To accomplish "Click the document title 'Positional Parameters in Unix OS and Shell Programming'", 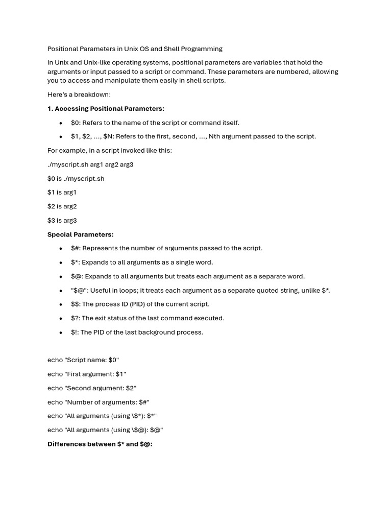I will tap(135, 49).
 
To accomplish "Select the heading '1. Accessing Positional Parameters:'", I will tap(106, 109).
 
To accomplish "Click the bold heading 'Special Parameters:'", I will tap(80, 234).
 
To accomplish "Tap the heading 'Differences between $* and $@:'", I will tap(100, 444).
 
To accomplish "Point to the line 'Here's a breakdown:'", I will tap(79, 94).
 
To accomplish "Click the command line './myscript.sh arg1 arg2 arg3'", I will tap(90, 164).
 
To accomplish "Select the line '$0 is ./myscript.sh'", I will tap(76, 179).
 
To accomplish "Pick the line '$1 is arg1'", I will tap(62, 193).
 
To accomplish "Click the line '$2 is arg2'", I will tap(62, 206).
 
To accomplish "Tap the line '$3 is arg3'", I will tap(62, 221).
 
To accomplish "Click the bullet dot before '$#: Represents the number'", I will tap(61, 249).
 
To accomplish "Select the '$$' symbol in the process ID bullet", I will tap(75, 304).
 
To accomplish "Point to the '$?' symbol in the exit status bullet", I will tap(75, 318).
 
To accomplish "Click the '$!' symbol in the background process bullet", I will tap(74, 332).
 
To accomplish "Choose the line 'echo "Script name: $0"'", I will tap(83, 360).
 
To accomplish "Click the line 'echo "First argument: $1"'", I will tap(86, 374).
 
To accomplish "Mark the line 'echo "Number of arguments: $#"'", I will tap(98, 402).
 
